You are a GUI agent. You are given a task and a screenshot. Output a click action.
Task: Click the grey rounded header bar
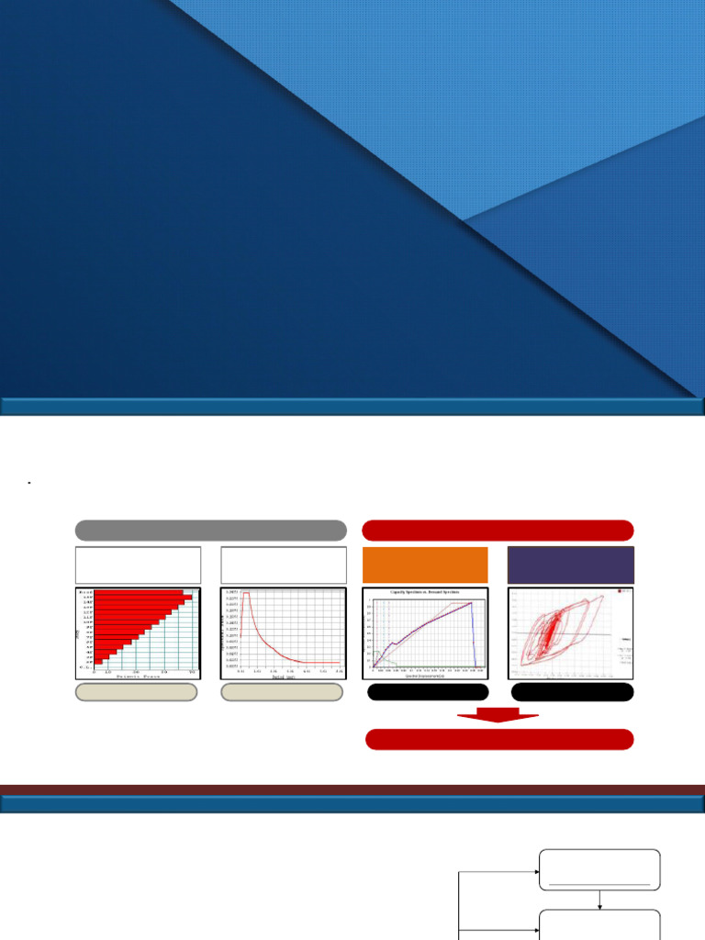coord(211,531)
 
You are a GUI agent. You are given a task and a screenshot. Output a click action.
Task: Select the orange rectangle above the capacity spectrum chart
coord(425,565)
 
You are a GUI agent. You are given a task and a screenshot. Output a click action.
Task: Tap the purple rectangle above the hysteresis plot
coord(570,565)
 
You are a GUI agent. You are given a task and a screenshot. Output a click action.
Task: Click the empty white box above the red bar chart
coord(138,565)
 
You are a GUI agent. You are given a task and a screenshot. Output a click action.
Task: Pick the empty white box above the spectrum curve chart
coord(284,565)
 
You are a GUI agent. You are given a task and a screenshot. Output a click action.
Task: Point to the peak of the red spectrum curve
coord(246,594)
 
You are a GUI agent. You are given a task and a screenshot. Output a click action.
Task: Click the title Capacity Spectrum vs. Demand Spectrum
coord(425,592)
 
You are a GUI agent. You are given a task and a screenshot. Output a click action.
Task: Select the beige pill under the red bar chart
coord(136,692)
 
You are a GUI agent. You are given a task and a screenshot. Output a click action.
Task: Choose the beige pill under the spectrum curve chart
coord(282,692)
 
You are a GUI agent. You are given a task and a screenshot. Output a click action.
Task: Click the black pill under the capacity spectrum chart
coord(428,692)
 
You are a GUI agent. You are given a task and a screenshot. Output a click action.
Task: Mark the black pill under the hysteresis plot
coord(572,692)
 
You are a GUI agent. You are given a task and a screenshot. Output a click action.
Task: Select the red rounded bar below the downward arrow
coord(499,740)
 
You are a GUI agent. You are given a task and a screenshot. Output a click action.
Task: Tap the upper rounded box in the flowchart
coord(599,869)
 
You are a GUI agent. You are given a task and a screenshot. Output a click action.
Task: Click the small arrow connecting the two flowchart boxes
coord(599,901)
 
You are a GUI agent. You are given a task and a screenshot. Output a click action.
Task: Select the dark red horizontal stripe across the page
coord(352,789)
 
